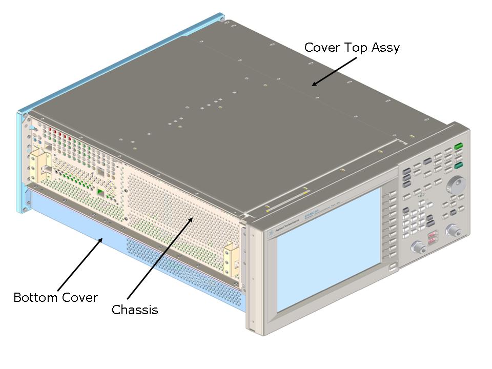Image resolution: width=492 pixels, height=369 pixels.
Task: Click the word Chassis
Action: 135,310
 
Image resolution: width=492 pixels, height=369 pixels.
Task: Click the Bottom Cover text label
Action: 55,297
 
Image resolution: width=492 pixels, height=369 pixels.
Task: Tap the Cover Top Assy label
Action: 352,48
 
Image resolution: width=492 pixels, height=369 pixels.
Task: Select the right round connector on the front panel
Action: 453,231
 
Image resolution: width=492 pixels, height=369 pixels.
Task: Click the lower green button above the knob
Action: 459,165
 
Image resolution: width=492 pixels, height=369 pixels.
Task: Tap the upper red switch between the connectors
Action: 433,235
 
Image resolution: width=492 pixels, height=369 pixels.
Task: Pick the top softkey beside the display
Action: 391,195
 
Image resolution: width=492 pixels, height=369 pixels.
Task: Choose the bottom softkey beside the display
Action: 392,267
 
